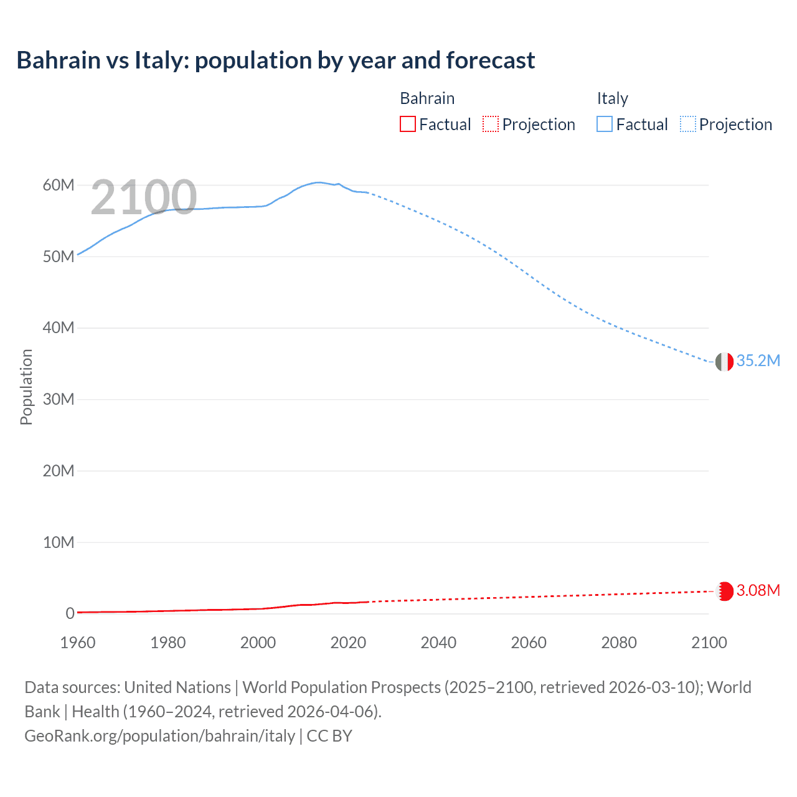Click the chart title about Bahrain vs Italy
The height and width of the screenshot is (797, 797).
click(275, 60)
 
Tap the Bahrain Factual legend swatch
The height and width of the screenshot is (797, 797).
click(407, 125)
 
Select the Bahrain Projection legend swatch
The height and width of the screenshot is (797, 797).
click(491, 125)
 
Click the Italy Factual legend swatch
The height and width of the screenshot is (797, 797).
click(605, 125)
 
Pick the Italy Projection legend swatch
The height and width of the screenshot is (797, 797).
click(687, 125)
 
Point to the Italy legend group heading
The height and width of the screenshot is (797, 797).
click(612, 98)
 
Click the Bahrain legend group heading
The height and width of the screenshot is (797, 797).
click(427, 98)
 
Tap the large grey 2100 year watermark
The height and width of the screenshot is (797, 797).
click(144, 197)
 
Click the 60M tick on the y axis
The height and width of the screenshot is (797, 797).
click(59, 185)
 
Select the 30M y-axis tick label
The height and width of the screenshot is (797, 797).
click(59, 399)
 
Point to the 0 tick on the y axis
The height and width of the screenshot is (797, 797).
click(70, 613)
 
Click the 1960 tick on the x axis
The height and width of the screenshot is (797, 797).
click(78, 643)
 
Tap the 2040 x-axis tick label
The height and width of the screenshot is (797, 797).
click(438, 643)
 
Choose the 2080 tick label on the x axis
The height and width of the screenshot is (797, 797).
click(619, 643)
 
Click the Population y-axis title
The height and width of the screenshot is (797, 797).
click(26, 387)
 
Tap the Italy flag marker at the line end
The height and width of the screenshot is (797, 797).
click(724, 361)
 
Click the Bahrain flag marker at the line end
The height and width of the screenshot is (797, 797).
click(724, 591)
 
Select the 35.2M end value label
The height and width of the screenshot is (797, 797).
click(758, 361)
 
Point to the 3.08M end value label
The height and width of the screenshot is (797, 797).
click(758, 590)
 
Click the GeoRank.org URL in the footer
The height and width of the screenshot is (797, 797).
click(160, 736)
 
